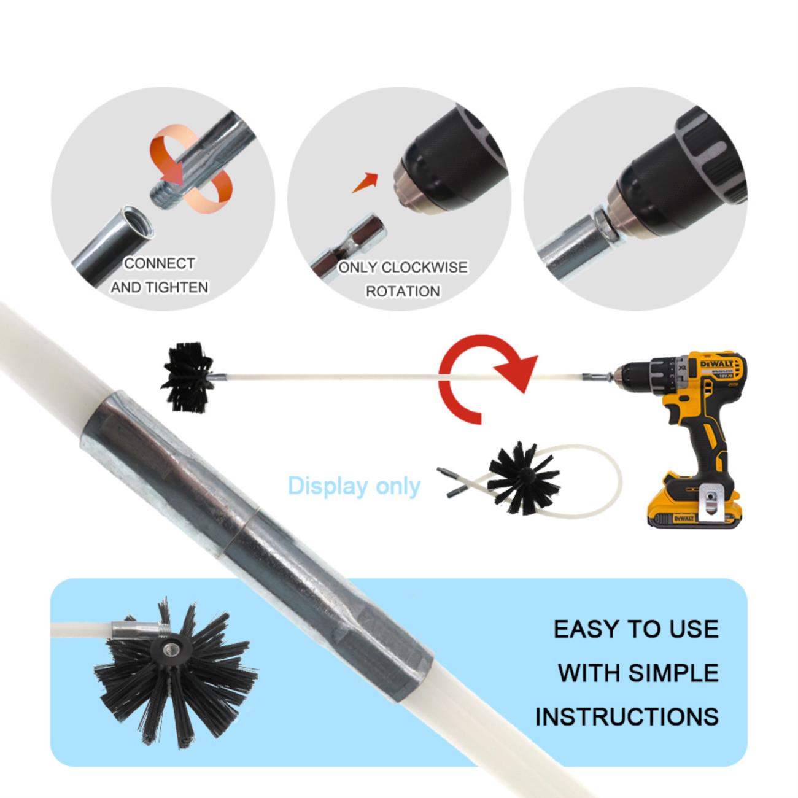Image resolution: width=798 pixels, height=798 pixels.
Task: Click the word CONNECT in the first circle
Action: [160, 263]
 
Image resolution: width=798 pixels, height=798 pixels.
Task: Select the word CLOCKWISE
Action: [424, 268]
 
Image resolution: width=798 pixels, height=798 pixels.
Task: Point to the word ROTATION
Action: [403, 292]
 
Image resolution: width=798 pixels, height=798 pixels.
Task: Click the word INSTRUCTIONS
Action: [627, 717]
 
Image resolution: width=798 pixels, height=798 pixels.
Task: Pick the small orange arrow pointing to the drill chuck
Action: [365, 183]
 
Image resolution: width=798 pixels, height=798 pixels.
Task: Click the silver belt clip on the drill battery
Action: [711, 502]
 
